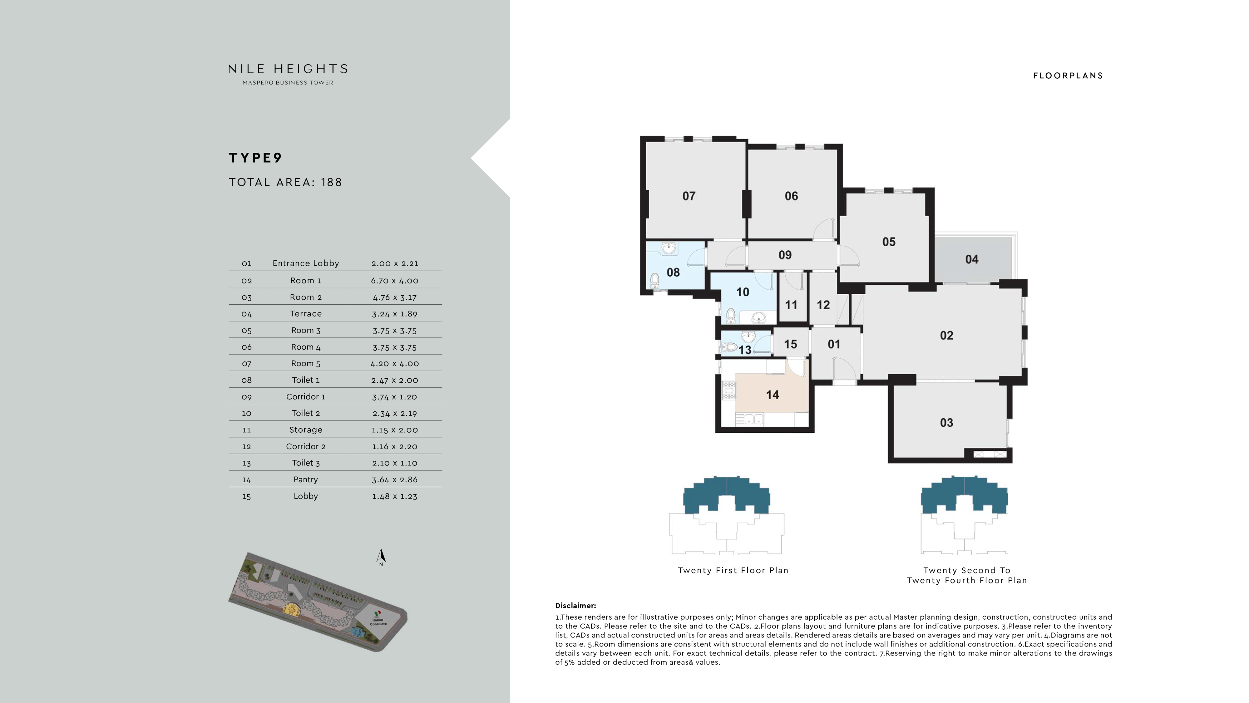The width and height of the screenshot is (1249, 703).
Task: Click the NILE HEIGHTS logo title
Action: tap(288, 69)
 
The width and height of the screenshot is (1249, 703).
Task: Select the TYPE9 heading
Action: tap(255, 158)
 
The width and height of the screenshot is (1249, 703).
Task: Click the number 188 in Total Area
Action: tap(332, 182)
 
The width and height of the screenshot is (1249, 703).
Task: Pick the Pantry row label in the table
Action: tap(305, 479)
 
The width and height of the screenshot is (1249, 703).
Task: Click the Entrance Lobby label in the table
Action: tap(305, 263)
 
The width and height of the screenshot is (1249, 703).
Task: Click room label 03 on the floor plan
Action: tap(946, 423)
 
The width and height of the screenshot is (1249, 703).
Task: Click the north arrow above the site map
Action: tap(381, 557)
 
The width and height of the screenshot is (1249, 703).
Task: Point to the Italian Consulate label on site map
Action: tap(378, 622)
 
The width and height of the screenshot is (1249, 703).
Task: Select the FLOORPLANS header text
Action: tap(1068, 76)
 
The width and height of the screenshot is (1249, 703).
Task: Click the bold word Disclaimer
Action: tap(575, 606)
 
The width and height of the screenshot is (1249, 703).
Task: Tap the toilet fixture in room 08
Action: tap(654, 280)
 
